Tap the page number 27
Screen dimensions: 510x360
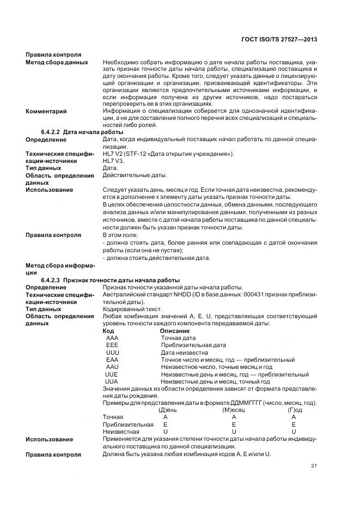[x=314, y=465]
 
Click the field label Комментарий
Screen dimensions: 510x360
[x=46, y=112]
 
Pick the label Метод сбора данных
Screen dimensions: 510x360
[x=57, y=62]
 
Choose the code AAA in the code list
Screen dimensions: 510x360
[x=112, y=338]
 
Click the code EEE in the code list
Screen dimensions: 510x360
[x=112, y=345]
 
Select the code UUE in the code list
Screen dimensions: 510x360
[x=112, y=374]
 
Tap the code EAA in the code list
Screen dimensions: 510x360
[x=112, y=360]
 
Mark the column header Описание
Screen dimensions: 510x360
[x=175, y=331]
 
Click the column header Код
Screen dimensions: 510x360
[x=108, y=331]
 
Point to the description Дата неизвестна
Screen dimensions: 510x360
[x=185, y=353]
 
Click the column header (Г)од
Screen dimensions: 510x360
[x=295, y=410]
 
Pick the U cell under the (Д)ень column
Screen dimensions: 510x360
[x=166, y=432]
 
